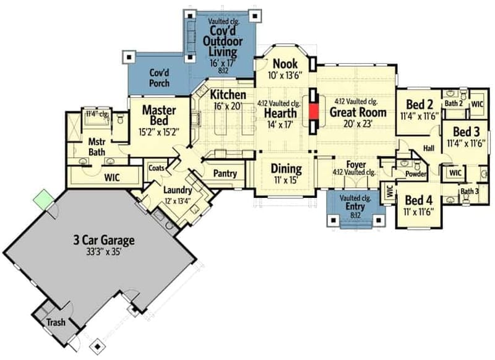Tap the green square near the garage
click(x=43, y=200)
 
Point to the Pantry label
click(x=225, y=174)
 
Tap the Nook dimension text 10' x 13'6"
click(x=285, y=76)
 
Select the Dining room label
click(x=286, y=168)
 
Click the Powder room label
click(x=416, y=175)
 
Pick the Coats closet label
click(x=157, y=167)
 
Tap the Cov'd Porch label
click(x=160, y=77)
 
